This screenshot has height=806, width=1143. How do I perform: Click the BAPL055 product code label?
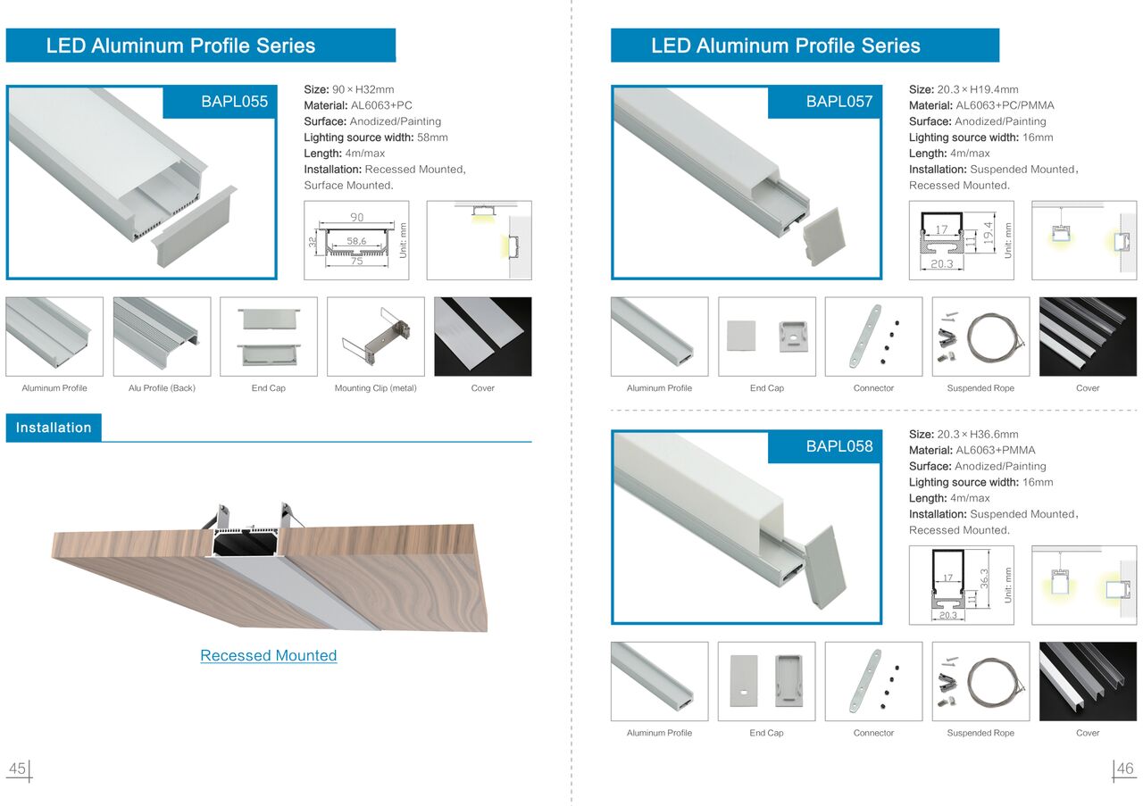click(x=234, y=102)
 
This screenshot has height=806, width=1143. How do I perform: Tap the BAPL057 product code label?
click(x=839, y=102)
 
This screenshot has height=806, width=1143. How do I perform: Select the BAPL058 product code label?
click(x=839, y=446)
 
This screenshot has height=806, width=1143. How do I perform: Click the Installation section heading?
click(x=54, y=428)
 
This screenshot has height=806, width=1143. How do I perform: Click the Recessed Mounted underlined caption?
click(x=269, y=655)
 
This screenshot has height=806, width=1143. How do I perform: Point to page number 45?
click(x=17, y=769)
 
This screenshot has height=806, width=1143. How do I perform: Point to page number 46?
click(x=1124, y=769)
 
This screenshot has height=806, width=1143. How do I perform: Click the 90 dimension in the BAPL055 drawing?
click(x=356, y=217)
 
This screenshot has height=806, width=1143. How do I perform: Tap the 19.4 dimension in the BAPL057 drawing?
click(x=989, y=232)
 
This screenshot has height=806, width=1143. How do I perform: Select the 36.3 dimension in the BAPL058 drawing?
click(x=984, y=579)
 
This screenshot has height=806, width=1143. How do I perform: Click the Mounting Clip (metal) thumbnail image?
click(x=376, y=337)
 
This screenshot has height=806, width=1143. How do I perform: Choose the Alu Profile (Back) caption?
click(x=162, y=388)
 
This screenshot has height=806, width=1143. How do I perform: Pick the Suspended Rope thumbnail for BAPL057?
click(x=980, y=337)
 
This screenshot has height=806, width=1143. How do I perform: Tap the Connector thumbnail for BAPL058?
click(x=873, y=682)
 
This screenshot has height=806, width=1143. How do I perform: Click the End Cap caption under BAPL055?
click(x=269, y=388)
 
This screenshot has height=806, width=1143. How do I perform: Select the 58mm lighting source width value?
click(x=432, y=137)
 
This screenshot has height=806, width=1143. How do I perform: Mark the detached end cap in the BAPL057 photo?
click(x=823, y=237)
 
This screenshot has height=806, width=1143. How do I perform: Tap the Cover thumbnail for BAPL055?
click(x=483, y=337)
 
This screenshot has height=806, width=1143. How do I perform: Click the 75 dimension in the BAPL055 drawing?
click(x=356, y=262)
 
